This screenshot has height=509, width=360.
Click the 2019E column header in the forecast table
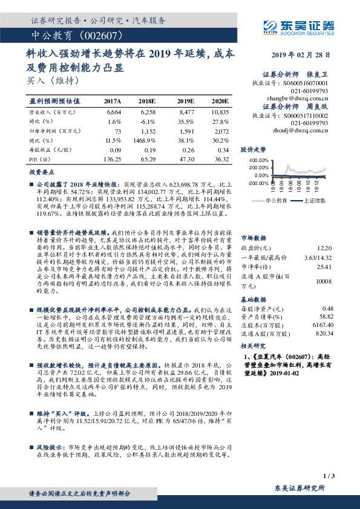(x=186, y=101)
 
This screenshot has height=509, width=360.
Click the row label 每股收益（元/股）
(x=50, y=149)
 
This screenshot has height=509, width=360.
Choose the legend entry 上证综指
(x=313, y=199)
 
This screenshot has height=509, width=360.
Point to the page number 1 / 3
(x=329, y=476)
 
